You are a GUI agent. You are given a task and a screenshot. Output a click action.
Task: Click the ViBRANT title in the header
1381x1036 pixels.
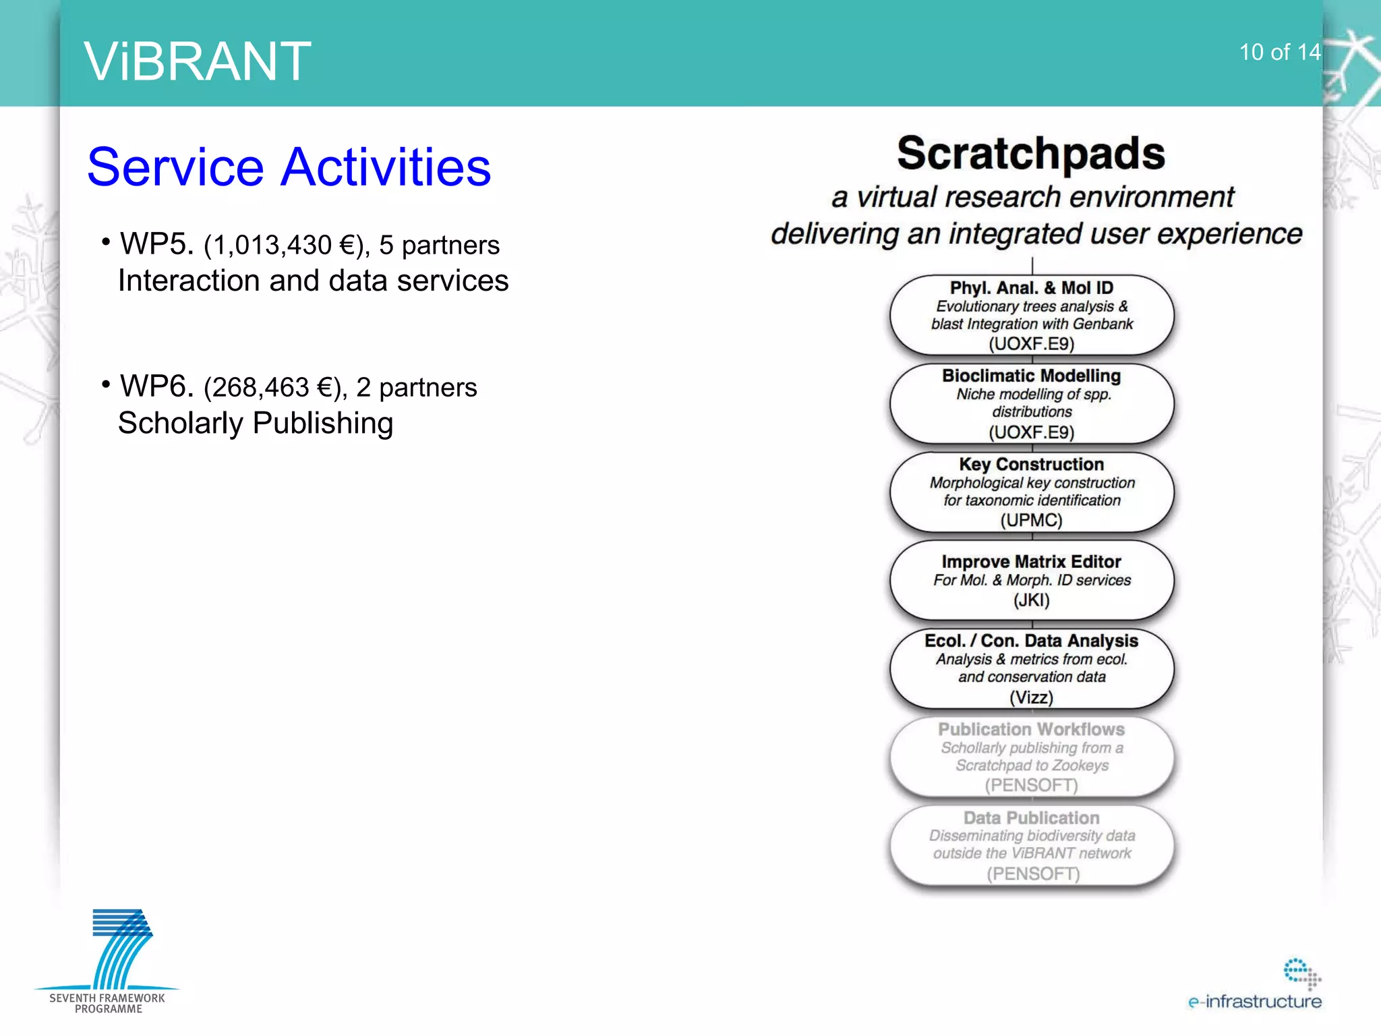(197, 61)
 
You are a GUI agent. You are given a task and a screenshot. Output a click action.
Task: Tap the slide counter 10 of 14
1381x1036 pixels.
(1279, 53)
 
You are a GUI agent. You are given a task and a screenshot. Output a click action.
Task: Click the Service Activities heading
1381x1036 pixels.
(289, 167)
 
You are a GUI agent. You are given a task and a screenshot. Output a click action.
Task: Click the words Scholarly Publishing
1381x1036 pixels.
(256, 424)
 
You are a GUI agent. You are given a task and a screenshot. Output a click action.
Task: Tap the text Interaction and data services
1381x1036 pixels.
(313, 281)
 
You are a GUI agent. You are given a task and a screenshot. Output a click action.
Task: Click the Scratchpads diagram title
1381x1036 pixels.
(1030, 153)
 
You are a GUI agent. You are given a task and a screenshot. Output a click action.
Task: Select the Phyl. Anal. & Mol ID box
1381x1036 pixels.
(1031, 314)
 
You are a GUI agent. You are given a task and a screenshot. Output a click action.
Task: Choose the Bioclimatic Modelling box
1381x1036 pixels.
(1031, 403)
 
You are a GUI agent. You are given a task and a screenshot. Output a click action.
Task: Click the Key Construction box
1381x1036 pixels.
(1031, 492)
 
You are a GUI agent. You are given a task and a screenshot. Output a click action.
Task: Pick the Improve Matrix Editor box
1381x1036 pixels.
(1031, 579)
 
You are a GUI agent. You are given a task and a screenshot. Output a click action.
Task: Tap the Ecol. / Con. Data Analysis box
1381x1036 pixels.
(1031, 668)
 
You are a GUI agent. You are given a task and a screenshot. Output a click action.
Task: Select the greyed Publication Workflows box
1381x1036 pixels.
(1031, 756)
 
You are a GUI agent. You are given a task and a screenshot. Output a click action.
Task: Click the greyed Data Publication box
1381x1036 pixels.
(1031, 844)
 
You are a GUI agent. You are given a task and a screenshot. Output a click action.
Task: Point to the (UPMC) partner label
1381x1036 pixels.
(1031, 521)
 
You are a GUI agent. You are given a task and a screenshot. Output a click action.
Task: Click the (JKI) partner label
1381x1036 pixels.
(1031, 600)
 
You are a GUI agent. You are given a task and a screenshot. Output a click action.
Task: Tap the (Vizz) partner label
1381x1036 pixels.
(1031, 697)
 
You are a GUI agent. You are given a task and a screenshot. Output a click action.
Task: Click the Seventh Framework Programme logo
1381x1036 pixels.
(108, 961)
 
